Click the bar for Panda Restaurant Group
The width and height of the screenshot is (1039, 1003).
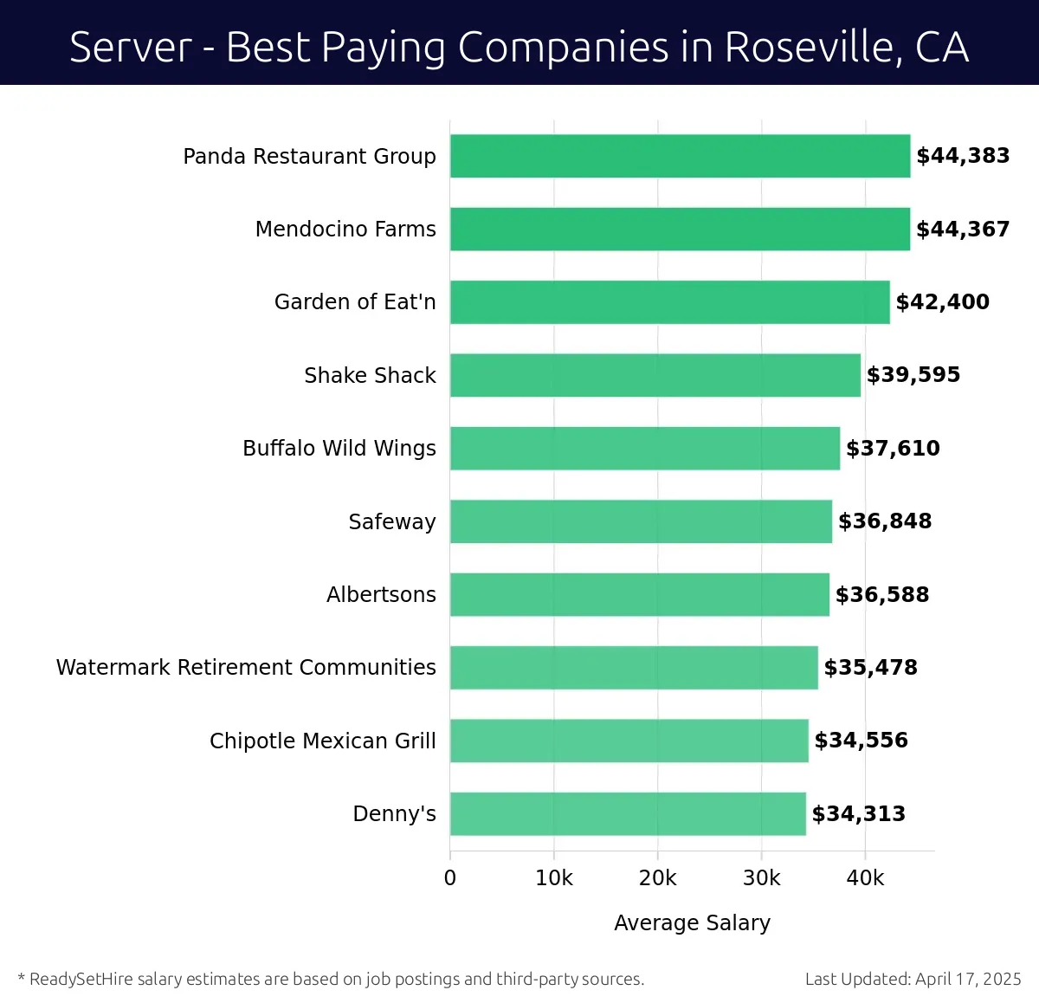(680, 156)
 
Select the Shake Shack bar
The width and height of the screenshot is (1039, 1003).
(655, 375)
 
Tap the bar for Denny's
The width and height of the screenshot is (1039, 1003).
(628, 813)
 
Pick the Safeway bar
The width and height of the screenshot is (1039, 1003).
(641, 521)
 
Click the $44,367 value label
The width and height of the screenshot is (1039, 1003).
(963, 230)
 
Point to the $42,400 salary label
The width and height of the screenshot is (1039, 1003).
(942, 302)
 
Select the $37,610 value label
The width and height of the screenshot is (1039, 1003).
(893, 449)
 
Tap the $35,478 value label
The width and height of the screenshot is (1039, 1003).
(870, 668)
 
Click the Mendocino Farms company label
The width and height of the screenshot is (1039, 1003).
(345, 230)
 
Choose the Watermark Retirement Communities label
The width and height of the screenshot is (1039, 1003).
(246, 668)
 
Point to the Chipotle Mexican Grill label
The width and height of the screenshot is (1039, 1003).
(322, 741)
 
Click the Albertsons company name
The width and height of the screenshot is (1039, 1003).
(381, 595)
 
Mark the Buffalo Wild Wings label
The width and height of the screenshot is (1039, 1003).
(339, 449)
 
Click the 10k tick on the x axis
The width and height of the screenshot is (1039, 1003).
(554, 878)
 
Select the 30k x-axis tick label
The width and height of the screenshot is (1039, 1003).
(762, 878)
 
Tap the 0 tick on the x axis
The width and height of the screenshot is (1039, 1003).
(450, 878)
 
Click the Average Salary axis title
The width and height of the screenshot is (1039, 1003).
(692, 923)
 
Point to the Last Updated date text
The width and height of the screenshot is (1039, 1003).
(913, 980)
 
